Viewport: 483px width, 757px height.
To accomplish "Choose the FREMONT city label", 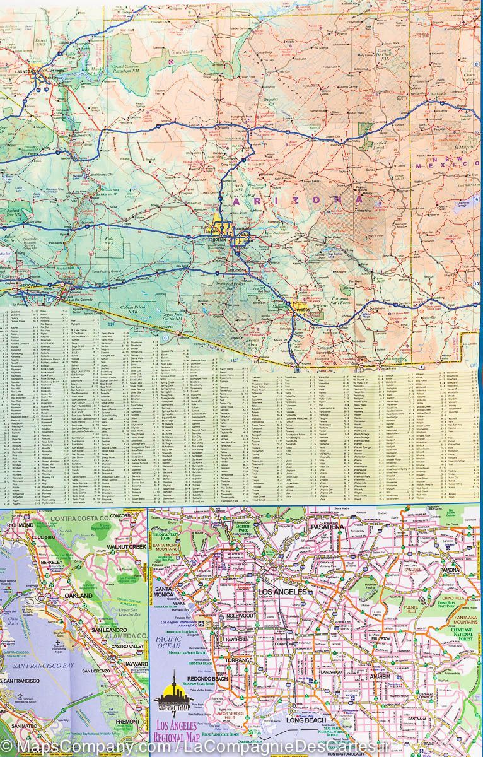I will [x=129, y=722].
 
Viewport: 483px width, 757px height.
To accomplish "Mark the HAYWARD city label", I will [x=136, y=664].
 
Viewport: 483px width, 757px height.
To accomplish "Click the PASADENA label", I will [x=327, y=527].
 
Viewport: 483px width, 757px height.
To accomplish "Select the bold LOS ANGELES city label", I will [x=282, y=592].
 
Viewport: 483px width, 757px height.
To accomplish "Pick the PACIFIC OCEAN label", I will [x=170, y=643].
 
